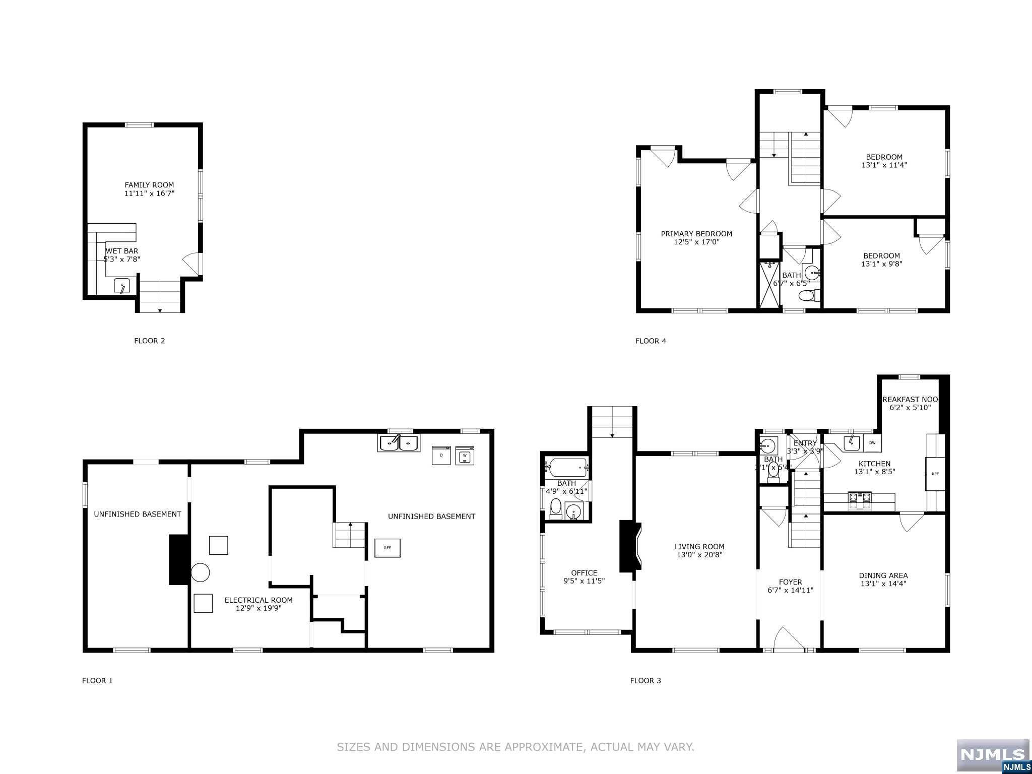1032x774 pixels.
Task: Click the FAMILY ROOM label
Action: coord(149,185)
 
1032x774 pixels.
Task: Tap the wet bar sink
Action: coord(122,286)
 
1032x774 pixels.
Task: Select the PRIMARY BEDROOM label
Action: coord(696,234)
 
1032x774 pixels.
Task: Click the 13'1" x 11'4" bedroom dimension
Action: coord(884,165)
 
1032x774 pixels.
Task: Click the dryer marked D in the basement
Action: coord(441,455)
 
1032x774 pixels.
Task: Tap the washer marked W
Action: coord(465,455)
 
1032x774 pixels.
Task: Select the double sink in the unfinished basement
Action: coord(399,443)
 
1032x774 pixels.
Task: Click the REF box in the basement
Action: coord(387,548)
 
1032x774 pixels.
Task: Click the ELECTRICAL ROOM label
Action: coord(259,600)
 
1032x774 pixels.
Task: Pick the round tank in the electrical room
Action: coord(200,572)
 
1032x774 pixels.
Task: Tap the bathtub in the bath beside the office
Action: coord(568,467)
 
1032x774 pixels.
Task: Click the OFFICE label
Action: coord(584,573)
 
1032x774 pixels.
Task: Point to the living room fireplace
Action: coord(630,546)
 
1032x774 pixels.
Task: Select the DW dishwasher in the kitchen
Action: coord(872,442)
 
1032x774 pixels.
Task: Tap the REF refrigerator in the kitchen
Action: coord(935,474)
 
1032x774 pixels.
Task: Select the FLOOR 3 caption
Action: coord(645,681)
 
